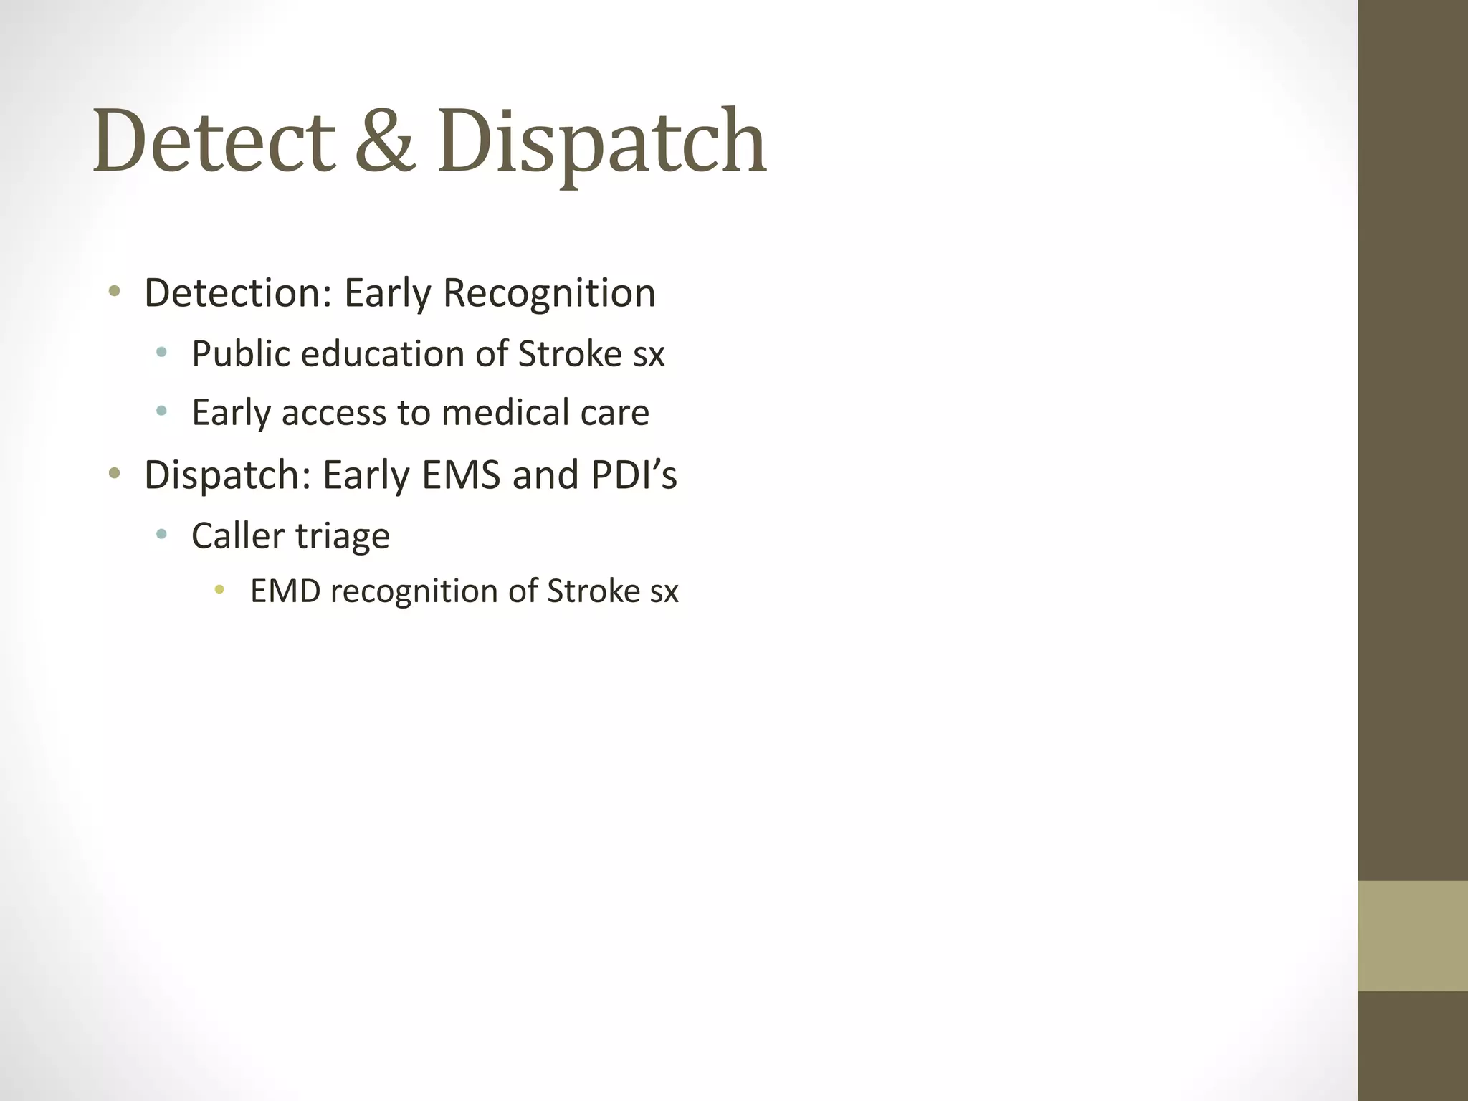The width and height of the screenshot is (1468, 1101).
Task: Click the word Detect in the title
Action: pos(214,140)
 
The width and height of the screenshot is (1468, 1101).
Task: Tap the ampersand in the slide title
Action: pos(385,140)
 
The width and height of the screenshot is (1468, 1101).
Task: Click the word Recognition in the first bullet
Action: pos(549,294)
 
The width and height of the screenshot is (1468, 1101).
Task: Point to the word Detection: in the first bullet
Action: pos(238,294)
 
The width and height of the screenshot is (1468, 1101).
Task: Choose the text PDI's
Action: pos(634,475)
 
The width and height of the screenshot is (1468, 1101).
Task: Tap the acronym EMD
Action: pos(285,591)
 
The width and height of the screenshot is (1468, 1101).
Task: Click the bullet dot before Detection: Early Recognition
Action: pos(114,292)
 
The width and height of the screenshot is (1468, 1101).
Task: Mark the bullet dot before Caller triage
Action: pos(161,534)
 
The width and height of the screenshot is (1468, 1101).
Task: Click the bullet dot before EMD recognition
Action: pos(219,591)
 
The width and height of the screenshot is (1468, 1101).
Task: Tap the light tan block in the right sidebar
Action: pos(1413,935)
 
